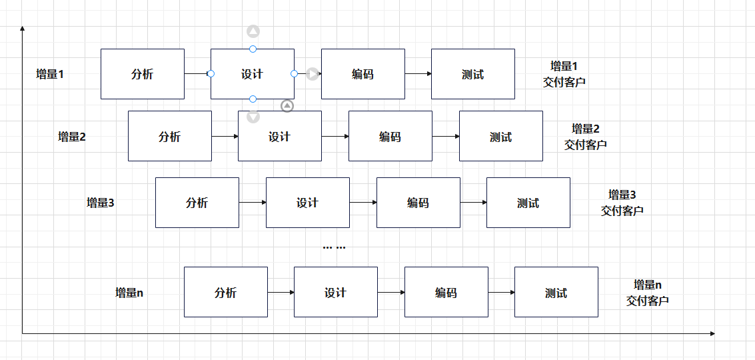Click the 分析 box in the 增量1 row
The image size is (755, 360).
(142, 74)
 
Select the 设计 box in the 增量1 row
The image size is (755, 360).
(252, 74)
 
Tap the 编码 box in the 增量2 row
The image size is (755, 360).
(390, 137)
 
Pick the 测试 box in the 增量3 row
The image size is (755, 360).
(528, 203)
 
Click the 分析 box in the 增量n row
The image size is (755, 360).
(225, 292)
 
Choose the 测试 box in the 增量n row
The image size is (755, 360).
(556, 292)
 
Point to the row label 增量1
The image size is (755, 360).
(50, 74)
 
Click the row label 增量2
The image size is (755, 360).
(72, 137)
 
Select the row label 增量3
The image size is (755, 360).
(101, 203)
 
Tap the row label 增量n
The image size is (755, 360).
(129, 292)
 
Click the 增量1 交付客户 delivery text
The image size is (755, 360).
(564, 74)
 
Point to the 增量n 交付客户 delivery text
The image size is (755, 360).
(647, 292)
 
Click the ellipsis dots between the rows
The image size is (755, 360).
(334, 247)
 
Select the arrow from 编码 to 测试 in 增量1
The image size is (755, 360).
(418, 74)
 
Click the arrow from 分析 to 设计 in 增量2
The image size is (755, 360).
(225, 137)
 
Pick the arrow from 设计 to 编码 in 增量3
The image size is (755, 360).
(363, 203)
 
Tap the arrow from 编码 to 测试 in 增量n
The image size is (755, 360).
(501, 292)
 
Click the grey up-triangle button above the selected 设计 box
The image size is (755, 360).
(253, 31)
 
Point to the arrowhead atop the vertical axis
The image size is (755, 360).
(23, 29)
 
